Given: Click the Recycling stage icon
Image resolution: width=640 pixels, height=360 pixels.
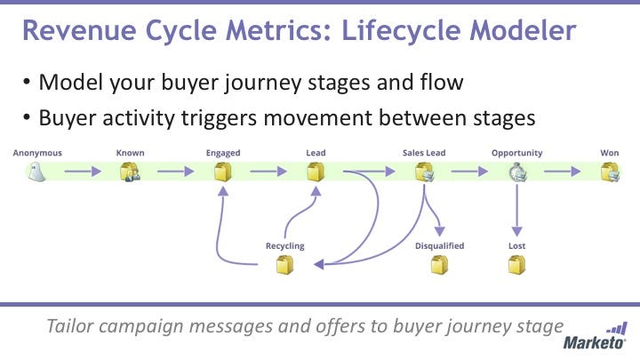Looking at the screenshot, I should [284, 264].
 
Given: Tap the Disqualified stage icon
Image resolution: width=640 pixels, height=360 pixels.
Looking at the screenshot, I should [439, 264].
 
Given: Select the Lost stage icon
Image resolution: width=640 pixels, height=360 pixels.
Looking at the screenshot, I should [516, 264].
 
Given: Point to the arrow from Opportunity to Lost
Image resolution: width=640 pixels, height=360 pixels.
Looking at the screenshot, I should [516, 213].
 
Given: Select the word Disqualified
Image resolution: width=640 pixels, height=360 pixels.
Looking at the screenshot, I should [439, 245].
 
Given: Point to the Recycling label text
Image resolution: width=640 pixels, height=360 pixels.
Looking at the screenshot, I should [284, 245].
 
